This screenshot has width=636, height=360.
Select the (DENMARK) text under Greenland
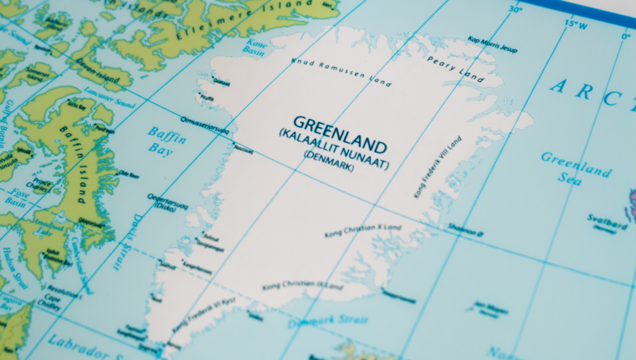329,156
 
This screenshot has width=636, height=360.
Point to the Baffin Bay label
167,140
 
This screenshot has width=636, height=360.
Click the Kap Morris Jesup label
493,44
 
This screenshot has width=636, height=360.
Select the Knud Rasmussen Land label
341,73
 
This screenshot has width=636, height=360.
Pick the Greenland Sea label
576,164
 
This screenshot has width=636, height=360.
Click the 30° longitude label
515,10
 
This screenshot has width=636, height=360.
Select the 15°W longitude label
575,23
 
